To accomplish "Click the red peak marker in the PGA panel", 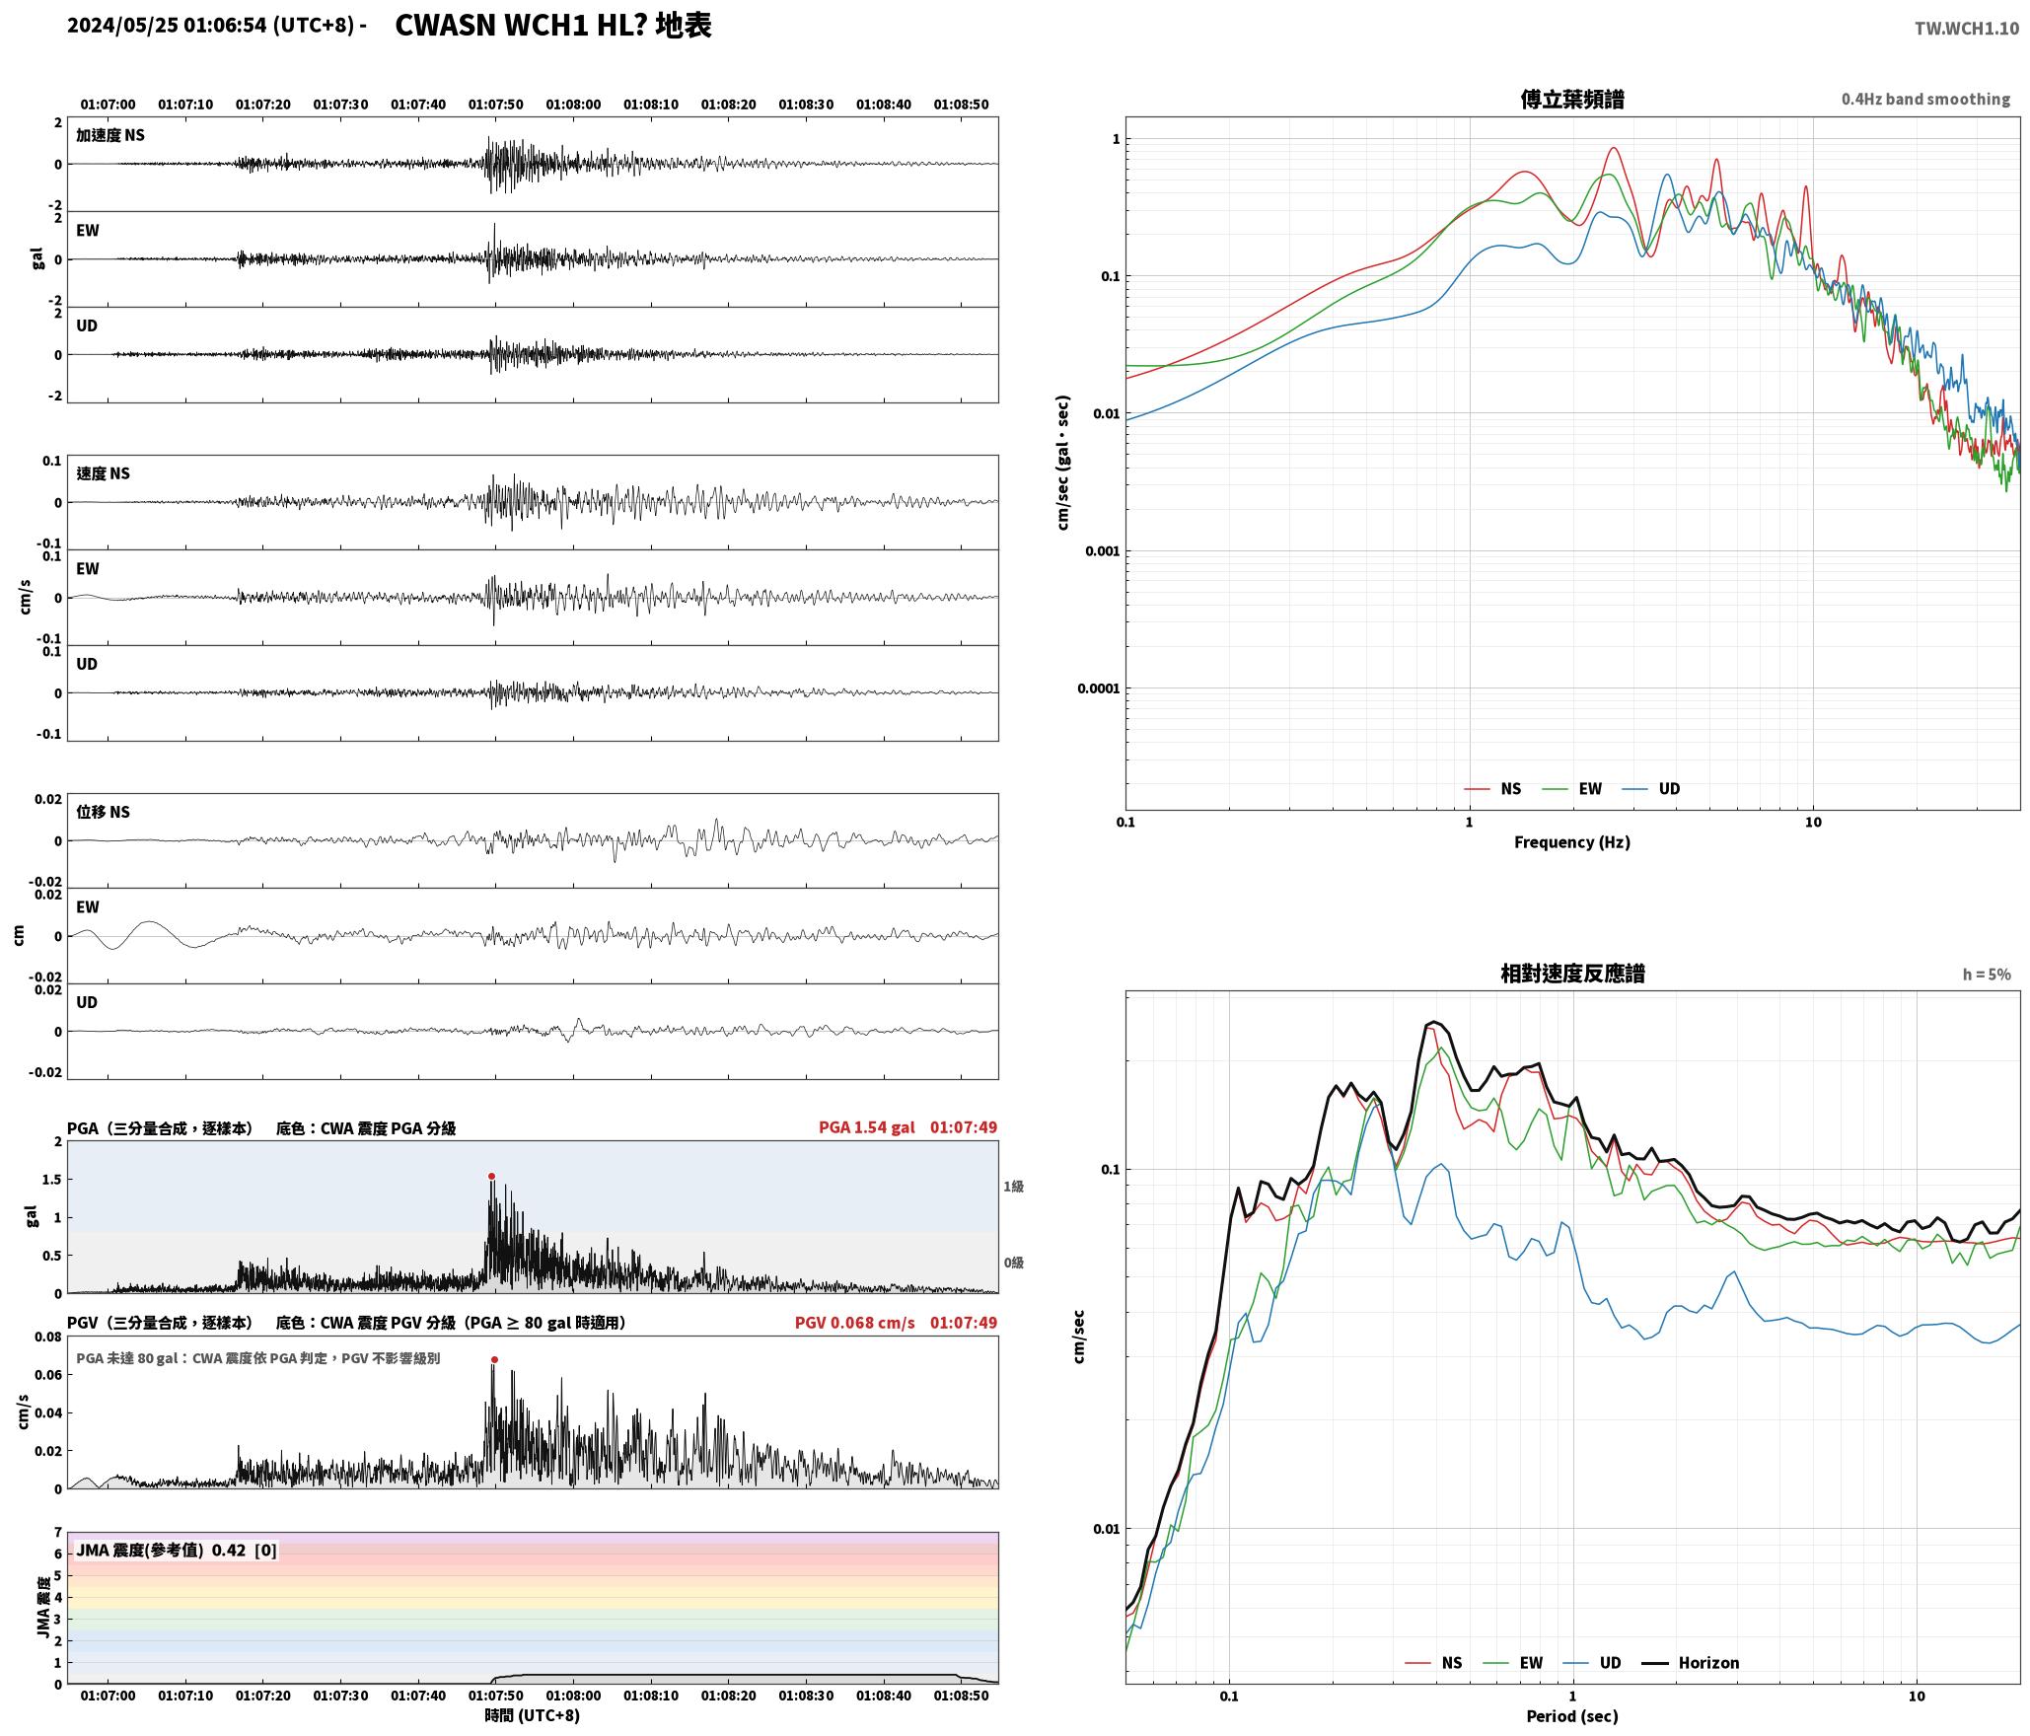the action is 491,1176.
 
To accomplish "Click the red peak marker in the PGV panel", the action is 494,1359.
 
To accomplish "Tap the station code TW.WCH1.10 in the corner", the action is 1967,29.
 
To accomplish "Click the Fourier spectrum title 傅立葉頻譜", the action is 1572,100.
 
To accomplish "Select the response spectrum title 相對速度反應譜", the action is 1572,974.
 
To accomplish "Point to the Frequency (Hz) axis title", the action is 1572,841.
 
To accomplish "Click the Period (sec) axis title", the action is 1572,1715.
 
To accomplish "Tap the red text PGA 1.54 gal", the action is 867,1126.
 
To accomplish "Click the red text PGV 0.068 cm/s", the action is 855,1322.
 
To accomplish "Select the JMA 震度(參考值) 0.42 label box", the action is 177,1550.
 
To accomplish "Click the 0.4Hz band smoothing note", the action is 1925,99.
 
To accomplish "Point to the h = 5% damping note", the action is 1987,975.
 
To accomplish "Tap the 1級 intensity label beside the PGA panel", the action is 1013,1186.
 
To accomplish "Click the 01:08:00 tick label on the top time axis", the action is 573,104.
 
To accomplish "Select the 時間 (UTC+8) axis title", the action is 532,1715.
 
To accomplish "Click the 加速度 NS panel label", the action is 110,135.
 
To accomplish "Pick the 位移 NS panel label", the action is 104,812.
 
